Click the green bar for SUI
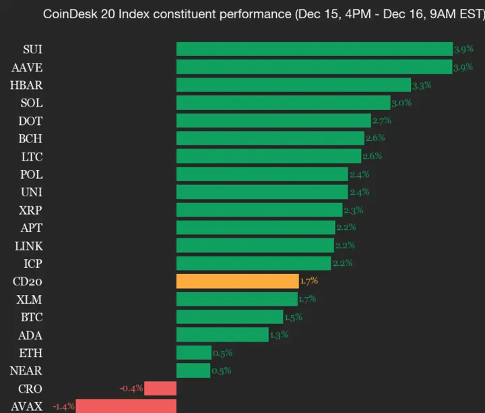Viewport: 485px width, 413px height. pyautogui.click(x=314, y=49)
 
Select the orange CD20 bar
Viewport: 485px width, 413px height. pyautogui.click(x=237, y=281)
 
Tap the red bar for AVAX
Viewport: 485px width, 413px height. pyautogui.click(x=126, y=406)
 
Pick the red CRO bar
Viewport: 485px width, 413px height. pyautogui.click(x=160, y=388)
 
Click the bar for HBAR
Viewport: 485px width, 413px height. pyautogui.click(x=293, y=84)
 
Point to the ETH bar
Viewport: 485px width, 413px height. pyautogui.click(x=193, y=352)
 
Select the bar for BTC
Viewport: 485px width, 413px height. pyautogui.click(x=229, y=316)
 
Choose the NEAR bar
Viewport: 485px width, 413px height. pyautogui.click(x=193, y=370)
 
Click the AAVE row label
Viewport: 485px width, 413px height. pyautogui.click(x=27, y=67)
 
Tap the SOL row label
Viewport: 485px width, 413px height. pyautogui.click(x=31, y=103)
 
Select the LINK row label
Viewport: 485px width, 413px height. pyautogui.click(x=28, y=246)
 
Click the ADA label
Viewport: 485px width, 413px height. pyautogui.click(x=31, y=335)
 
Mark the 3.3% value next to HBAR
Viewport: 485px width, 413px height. pyautogui.click(x=422, y=85)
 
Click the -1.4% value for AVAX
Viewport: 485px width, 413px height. pyautogui.click(x=64, y=406)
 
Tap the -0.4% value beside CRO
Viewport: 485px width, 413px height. pyautogui.click(x=131, y=388)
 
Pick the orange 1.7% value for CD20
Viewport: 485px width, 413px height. pyautogui.click(x=309, y=281)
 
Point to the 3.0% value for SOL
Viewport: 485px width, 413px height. pyautogui.click(x=401, y=103)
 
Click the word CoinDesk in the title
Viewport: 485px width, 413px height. pyautogui.click(x=66, y=13)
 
